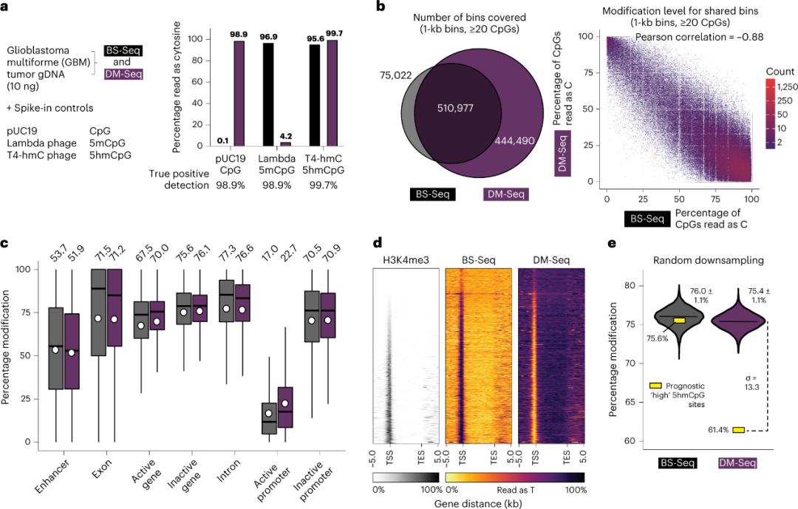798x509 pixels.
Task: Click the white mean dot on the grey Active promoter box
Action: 270,414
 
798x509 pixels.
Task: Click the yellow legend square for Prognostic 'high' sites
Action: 655,386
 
